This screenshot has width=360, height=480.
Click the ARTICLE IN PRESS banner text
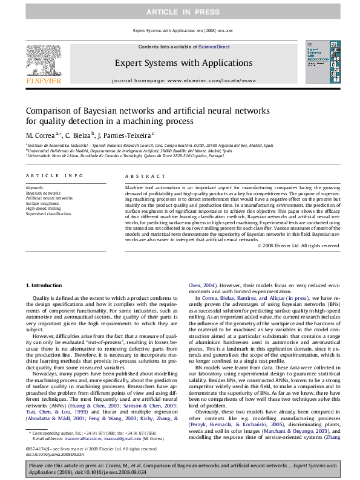pyautogui.click(x=180, y=11)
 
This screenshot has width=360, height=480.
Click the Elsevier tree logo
pyautogui.click(x=42, y=57)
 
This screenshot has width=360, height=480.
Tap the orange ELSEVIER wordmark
pyautogui.click(x=42, y=80)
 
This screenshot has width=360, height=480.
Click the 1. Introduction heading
pyautogui.click(x=45, y=285)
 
